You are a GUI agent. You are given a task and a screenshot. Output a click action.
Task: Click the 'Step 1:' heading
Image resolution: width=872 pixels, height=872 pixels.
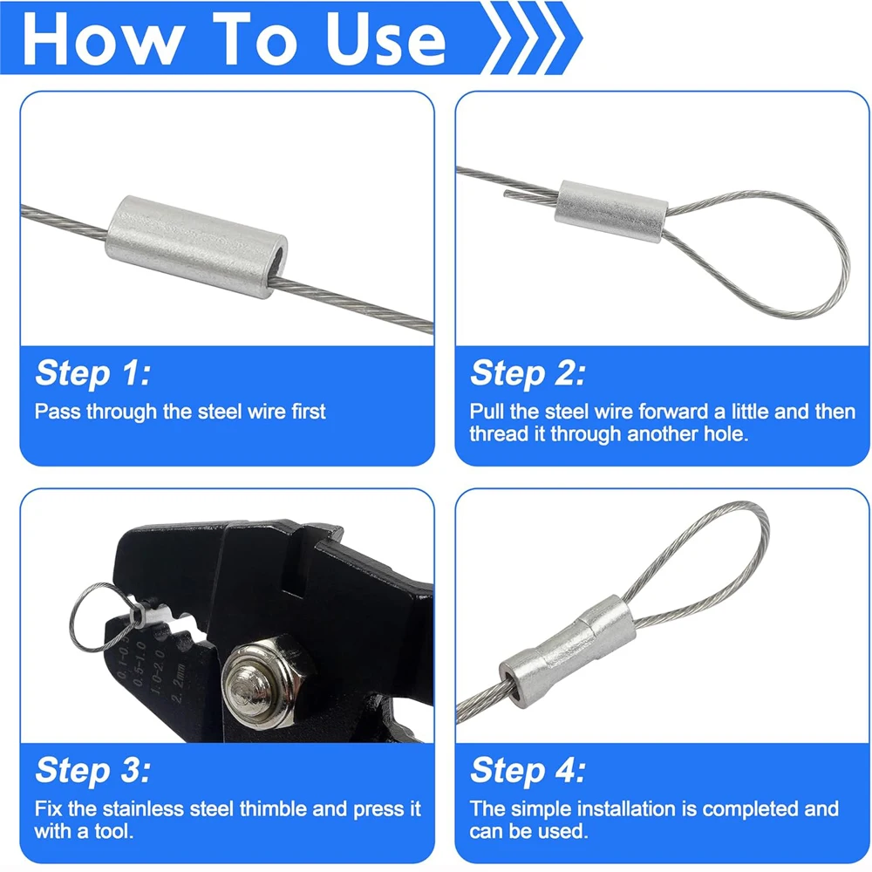[x=93, y=372]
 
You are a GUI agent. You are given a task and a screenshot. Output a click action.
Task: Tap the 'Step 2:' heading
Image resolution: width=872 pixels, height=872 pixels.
[x=528, y=372]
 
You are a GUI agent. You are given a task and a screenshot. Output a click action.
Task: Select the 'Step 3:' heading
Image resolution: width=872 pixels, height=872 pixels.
[x=93, y=770]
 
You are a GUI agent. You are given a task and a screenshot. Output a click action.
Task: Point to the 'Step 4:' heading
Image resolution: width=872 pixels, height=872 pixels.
[x=528, y=770]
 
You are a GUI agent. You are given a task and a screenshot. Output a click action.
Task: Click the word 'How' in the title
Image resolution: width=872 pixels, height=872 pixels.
[x=104, y=39]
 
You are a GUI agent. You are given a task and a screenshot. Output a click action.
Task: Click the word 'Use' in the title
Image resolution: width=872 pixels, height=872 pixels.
[x=385, y=39]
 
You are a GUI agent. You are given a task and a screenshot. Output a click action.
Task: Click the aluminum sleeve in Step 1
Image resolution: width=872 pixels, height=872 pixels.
[x=196, y=247]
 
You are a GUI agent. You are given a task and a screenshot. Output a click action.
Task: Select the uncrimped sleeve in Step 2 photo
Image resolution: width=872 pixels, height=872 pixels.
[x=612, y=211]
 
